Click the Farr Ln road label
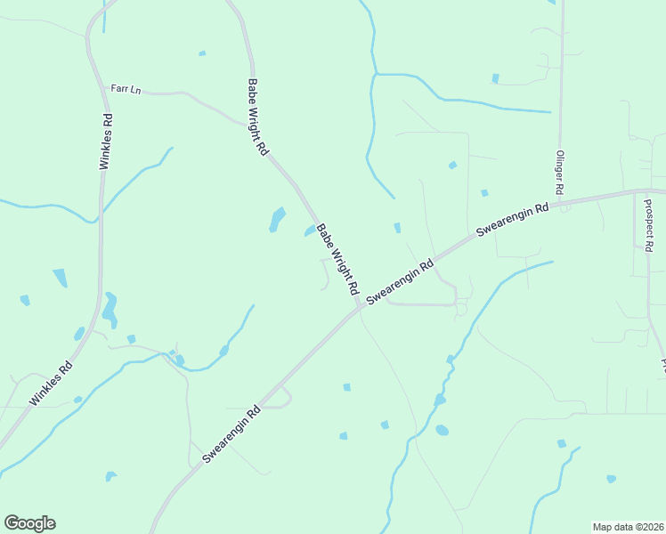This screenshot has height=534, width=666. point(126,89)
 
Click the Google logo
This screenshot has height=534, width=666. point(29,523)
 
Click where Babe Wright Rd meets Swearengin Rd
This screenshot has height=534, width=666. point(359,308)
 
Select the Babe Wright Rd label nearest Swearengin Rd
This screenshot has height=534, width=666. point(337,259)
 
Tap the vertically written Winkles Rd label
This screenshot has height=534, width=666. point(106,142)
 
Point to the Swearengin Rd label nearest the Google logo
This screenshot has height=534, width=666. point(231,434)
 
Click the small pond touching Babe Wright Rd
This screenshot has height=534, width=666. point(310,231)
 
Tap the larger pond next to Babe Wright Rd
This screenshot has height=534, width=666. point(278,219)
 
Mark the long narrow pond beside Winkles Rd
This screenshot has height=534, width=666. point(110,308)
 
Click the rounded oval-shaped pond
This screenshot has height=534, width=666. point(443,431)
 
